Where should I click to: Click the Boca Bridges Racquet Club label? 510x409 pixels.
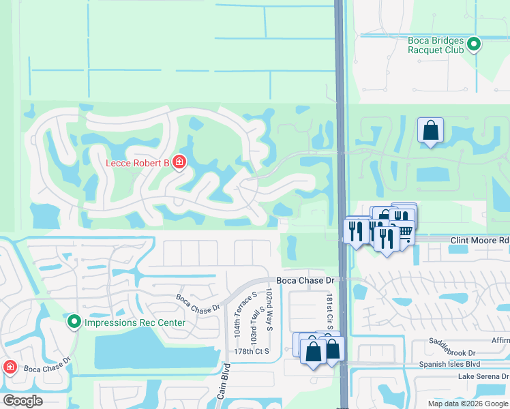click(436, 45)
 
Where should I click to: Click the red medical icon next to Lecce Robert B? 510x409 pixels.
click(179, 162)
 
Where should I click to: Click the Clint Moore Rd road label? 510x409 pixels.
click(479, 241)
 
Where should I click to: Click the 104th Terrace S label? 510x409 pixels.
click(237, 320)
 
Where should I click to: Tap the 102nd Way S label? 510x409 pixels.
click(269, 310)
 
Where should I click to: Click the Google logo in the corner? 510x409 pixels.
click(22, 401)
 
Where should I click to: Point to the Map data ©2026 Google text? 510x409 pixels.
click(467, 404)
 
